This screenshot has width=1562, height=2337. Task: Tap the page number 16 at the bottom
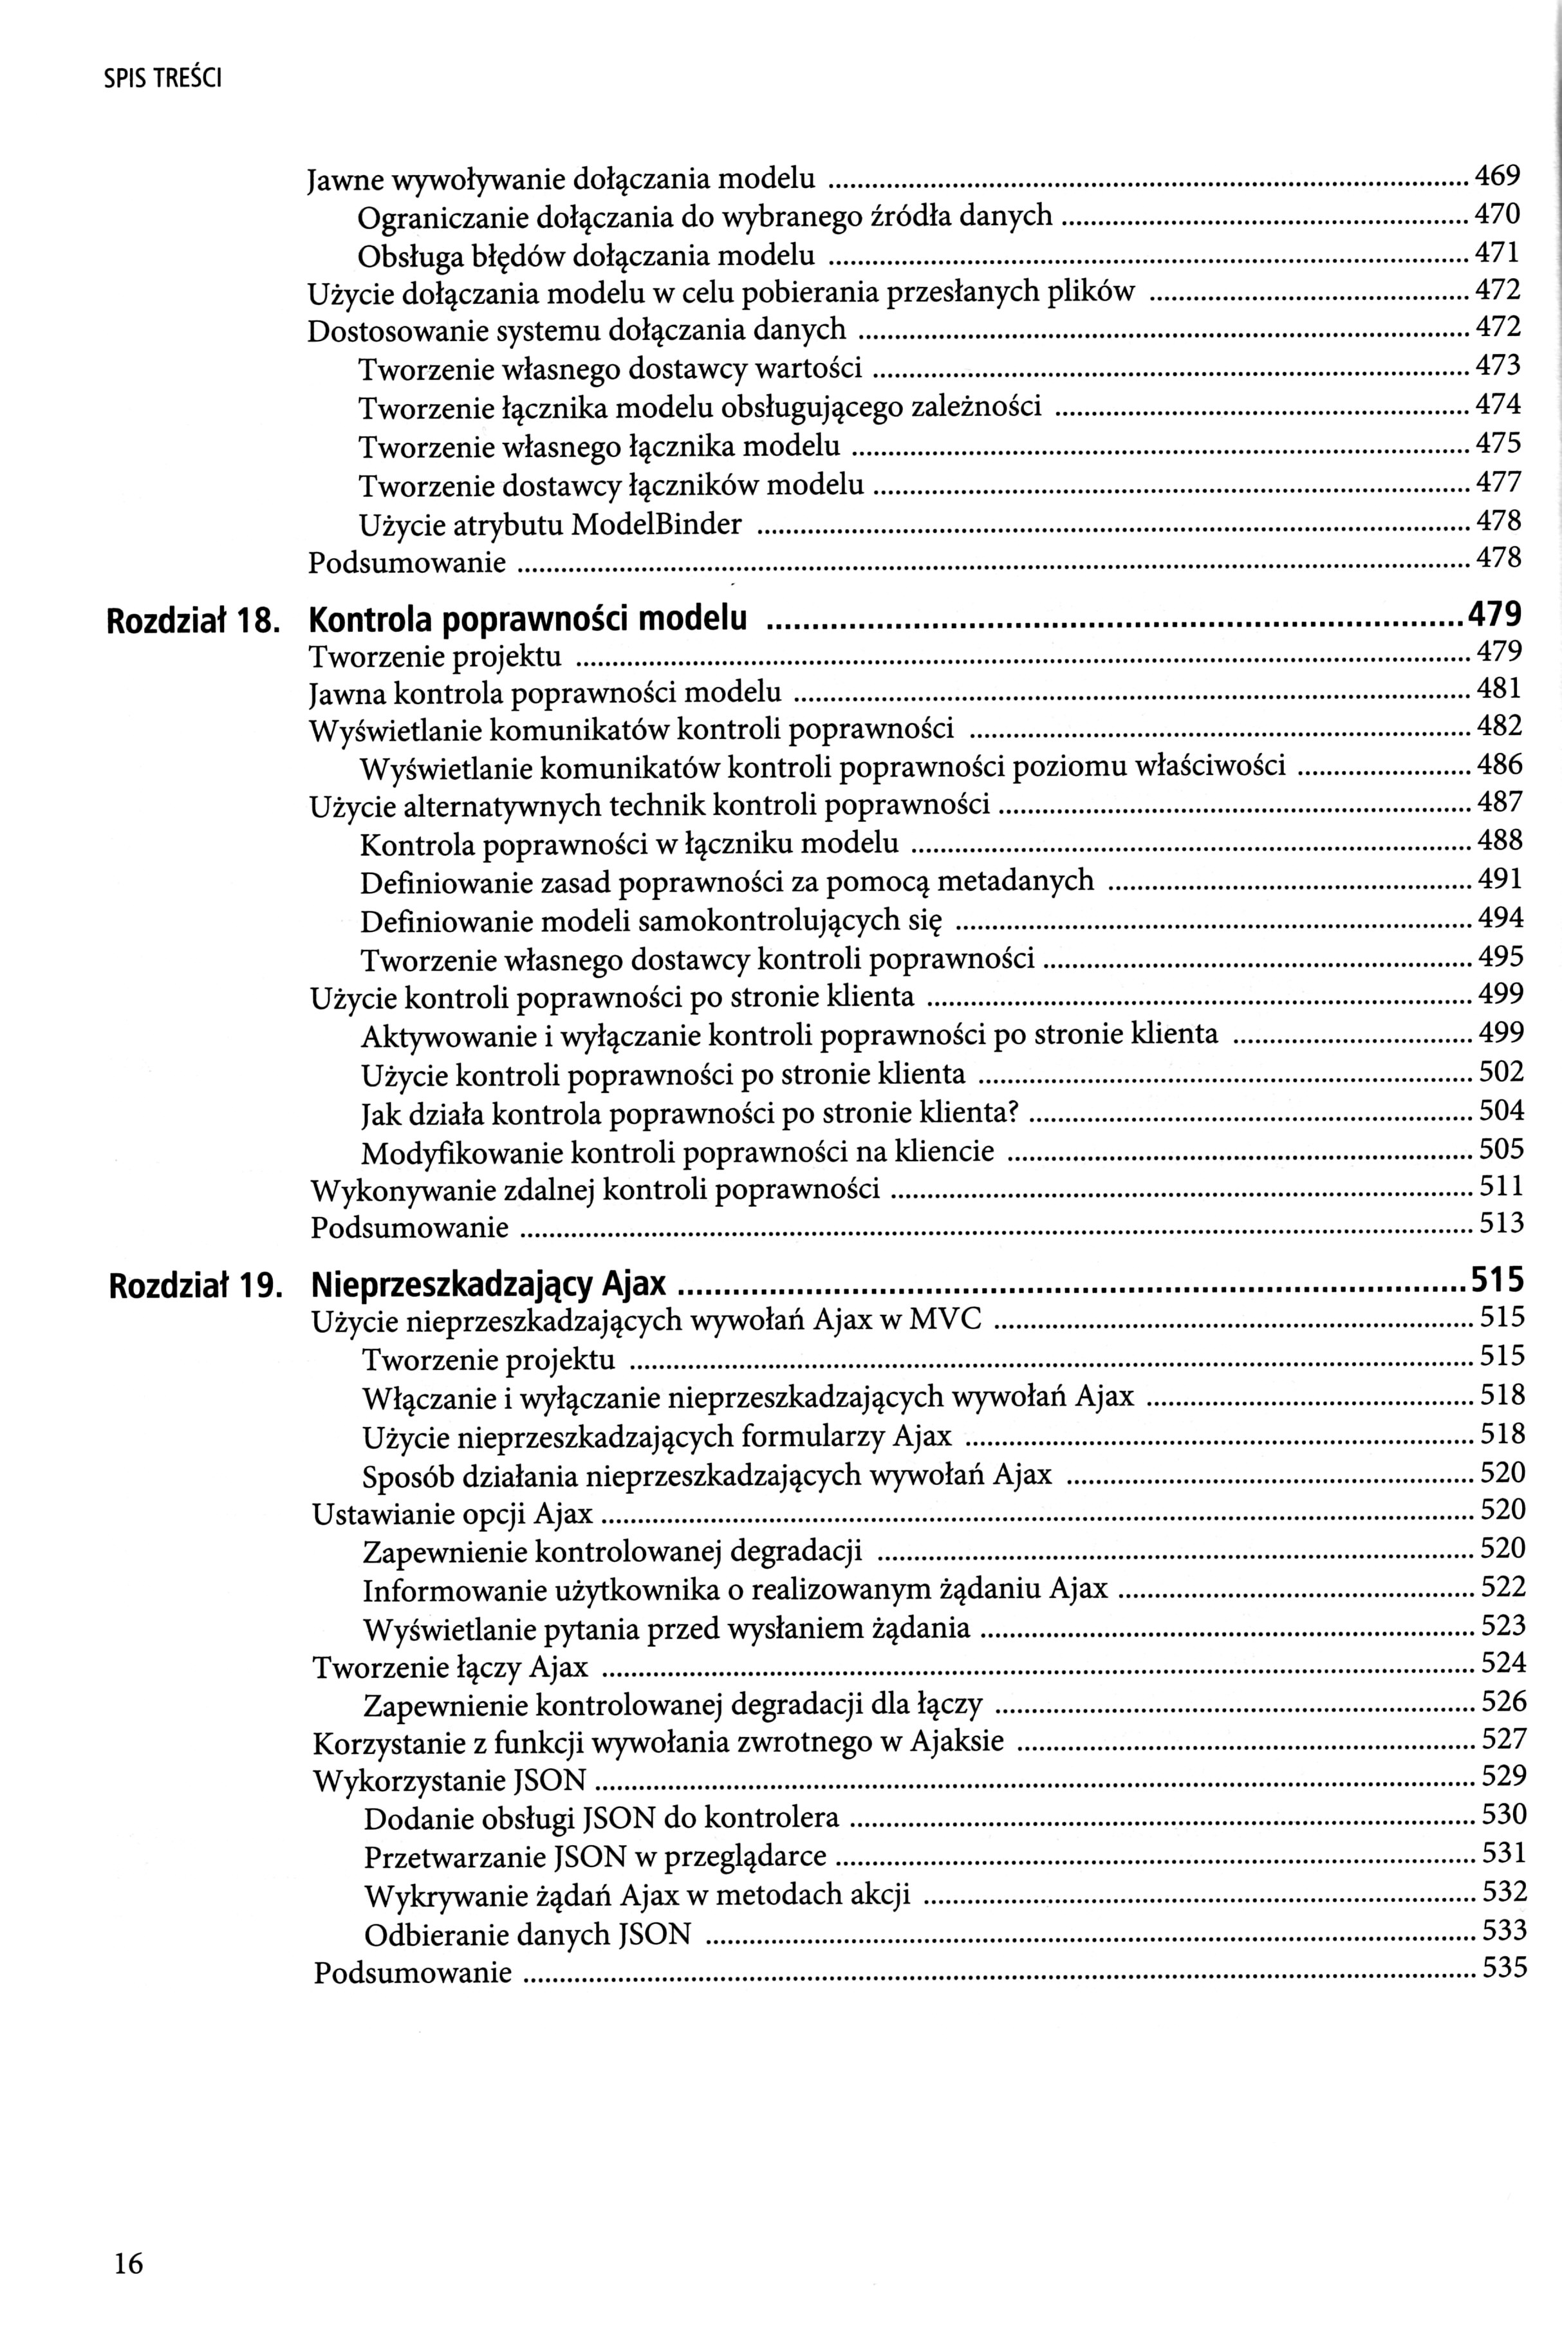pos(129,2237)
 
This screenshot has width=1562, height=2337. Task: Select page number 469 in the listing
pos(1497,177)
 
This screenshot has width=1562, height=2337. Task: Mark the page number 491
pos(1500,879)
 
